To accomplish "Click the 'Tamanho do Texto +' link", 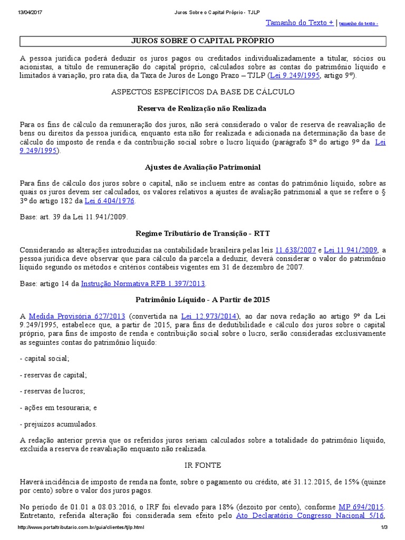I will coord(300,23).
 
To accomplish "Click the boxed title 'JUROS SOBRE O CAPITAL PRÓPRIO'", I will coord(203,41).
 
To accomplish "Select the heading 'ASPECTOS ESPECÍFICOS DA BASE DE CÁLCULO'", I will coord(203,92).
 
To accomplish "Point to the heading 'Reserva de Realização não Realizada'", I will coord(203,108).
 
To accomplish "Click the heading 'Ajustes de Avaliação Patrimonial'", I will coord(203,167).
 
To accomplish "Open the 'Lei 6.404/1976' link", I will coord(109,201).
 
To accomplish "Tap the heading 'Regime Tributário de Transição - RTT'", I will coord(203,233).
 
